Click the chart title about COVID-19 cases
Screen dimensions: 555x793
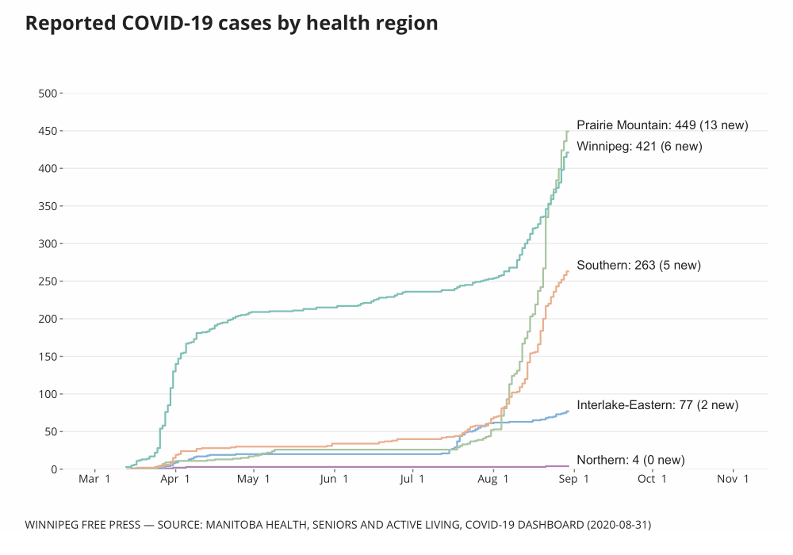click(232, 24)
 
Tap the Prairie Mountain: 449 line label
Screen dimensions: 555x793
click(662, 124)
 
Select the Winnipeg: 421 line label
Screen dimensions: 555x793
click(639, 146)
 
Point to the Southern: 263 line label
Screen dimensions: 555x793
click(638, 265)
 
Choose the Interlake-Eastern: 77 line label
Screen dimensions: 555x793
click(657, 405)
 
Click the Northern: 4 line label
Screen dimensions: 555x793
click(630, 460)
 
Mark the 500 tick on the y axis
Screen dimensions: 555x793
click(48, 94)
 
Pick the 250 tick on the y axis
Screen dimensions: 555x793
click(48, 281)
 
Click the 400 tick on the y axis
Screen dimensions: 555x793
click(48, 169)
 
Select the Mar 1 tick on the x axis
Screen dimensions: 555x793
click(94, 479)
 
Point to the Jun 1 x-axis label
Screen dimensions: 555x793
click(334, 479)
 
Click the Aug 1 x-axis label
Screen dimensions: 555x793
click(493, 479)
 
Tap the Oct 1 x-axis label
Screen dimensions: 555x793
click(652, 479)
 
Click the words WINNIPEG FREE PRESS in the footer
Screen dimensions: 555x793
click(82, 525)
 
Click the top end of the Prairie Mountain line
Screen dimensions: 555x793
click(568, 132)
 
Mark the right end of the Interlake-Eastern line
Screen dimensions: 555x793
click(568, 411)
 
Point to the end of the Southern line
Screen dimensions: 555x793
click(568, 271)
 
